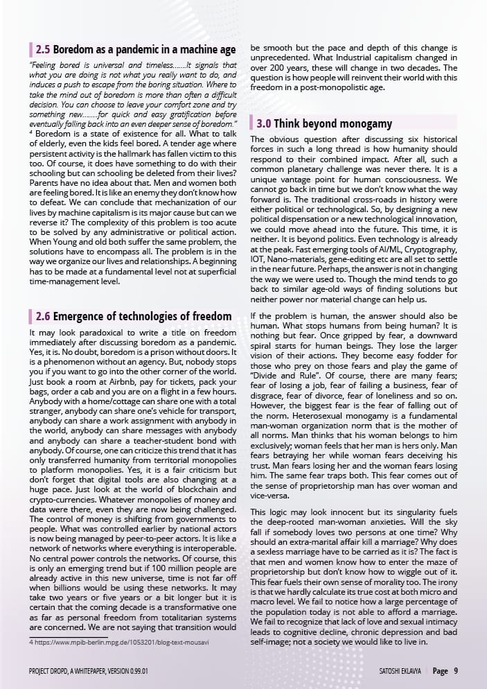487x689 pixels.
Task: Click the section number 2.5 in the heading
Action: (x=43, y=50)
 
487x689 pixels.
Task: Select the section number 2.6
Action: (x=43, y=316)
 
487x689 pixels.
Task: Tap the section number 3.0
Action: (x=263, y=124)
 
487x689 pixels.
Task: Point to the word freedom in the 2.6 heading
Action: (x=207, y=316)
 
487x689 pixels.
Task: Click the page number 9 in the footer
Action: (x=456, y=671)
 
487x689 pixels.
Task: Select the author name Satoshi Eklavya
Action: (x=402, y=671)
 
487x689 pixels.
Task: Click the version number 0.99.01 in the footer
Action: (x=136, y=671)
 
